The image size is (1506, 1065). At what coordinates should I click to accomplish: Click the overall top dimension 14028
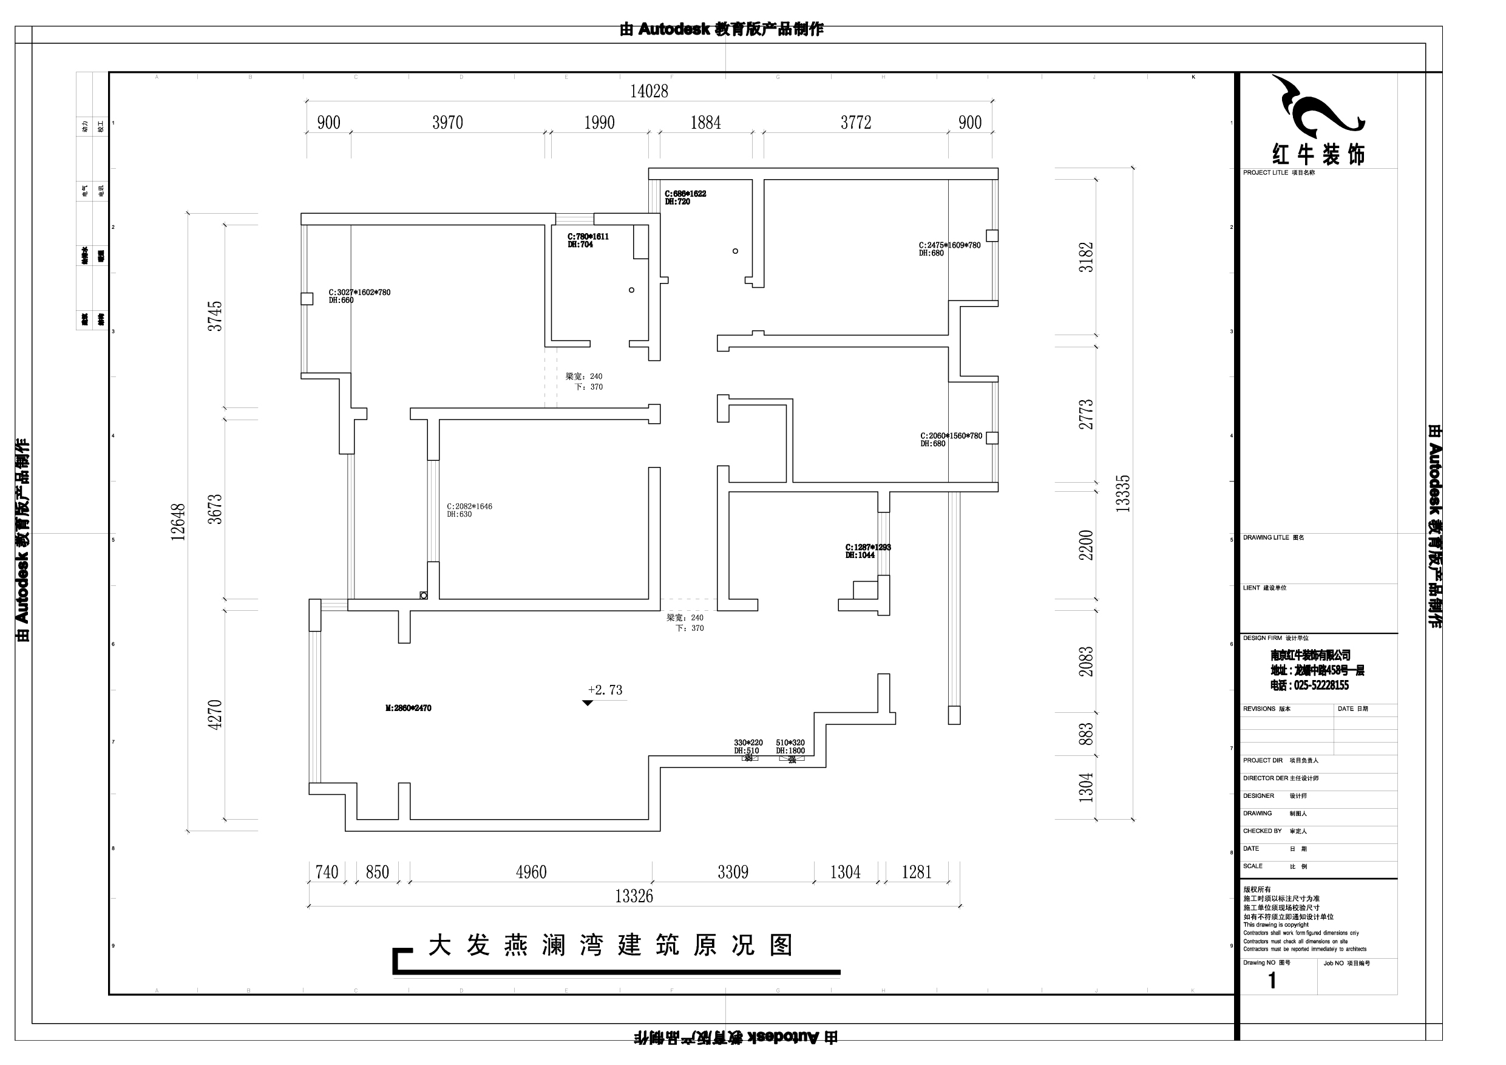point(649,91)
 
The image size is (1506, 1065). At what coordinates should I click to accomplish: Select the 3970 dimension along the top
point(447,123)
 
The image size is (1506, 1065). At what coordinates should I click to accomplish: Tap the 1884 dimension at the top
point(705,123)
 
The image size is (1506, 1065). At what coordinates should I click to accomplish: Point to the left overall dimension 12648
point(178,522)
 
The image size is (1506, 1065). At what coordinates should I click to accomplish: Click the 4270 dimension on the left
point(215,715)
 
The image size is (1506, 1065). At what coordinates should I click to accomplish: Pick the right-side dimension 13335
point(1123,494)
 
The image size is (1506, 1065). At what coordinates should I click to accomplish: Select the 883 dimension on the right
point(1086,734)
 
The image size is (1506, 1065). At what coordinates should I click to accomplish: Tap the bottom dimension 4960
point(531,872)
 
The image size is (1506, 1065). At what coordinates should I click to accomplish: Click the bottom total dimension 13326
point(634,896)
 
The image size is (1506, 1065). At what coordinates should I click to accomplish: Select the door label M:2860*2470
point(408,708)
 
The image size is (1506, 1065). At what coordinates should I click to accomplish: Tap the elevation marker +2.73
point(605,690)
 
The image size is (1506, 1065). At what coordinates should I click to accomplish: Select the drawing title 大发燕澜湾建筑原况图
point(610,945)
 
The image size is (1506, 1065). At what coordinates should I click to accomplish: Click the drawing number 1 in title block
point(1272,981)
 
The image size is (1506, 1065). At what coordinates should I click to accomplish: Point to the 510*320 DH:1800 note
point(790,747)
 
